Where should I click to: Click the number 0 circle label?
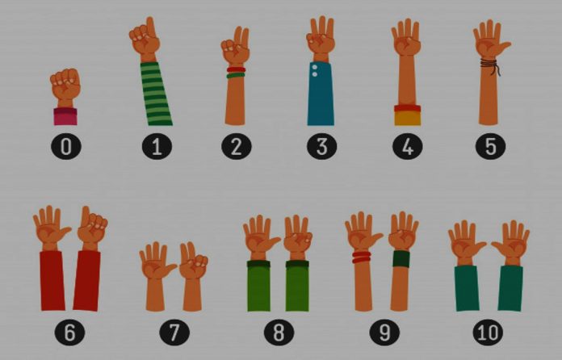(x=66, y=147)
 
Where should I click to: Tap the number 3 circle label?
(x=321, y=146)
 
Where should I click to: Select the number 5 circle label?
(x=490, y=146)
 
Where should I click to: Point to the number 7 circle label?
(x=174, y=332)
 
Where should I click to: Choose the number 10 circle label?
(x=488, y=332)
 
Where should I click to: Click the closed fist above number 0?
(x=65, y=86)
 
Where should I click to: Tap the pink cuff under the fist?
(x=65, y=117)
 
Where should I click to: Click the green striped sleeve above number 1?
(x=156, y=94)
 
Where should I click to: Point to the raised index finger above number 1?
(x=151, y=27)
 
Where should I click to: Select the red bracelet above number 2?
(x=236, y=69)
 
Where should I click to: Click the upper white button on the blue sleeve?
(x=315, y=67)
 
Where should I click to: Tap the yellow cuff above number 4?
(x=408, y=118)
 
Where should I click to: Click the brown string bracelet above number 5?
(x=490, y=65)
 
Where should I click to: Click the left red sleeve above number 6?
(x=52, y=280)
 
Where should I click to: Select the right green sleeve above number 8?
(x=297, y=286)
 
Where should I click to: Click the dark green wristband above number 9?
(x=401, y=258)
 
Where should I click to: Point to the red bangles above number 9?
(x=361, y=257)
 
